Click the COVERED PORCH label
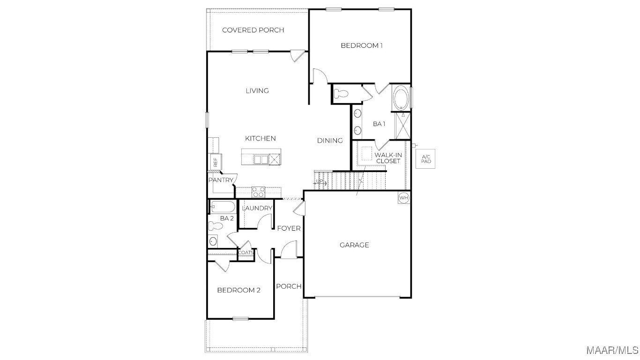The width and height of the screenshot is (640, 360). [x=253, y=30]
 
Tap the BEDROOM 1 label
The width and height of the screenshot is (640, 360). [x=362, y=45]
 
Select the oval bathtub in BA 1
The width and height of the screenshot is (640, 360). [x=401, y=97]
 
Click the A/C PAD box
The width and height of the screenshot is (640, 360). [x=425, y=159]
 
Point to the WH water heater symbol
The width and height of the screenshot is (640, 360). [x=403, y=198]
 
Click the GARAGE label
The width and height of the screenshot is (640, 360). [x=354, y=245]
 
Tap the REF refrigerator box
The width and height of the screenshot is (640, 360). [x=216, y=162]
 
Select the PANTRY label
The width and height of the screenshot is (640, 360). [x=221, y=180]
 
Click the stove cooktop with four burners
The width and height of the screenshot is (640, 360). [x=258, y=192]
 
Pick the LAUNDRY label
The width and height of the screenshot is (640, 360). [x=257, y=208]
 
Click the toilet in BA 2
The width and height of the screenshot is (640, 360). [x=216, y=226]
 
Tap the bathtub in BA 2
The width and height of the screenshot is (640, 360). [x=223, y=207]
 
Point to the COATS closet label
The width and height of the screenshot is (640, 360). [x=246, y=253]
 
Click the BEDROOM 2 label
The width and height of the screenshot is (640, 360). [x=239, y=290]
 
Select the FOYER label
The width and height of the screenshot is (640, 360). [x=289, y=228]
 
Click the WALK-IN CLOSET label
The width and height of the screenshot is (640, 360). [x=388, y=158]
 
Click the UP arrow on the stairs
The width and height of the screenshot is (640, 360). [x=320, y=182]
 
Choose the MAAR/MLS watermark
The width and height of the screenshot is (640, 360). [x=612, y=350]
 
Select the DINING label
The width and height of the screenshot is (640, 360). [x=330, y=141]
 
